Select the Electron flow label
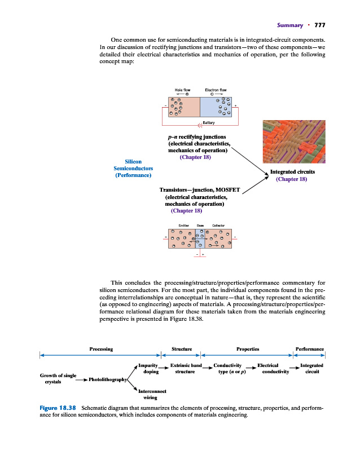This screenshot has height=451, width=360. click(216, 90)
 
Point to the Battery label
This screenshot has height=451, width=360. click(208, 123)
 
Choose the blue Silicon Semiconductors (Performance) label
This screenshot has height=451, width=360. click(133, 169)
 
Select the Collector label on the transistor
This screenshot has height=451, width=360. click(218, 225)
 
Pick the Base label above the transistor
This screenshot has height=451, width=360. click(200, 225)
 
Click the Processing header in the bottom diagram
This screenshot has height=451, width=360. click(101, 349)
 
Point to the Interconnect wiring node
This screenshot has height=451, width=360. click(150, 393)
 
